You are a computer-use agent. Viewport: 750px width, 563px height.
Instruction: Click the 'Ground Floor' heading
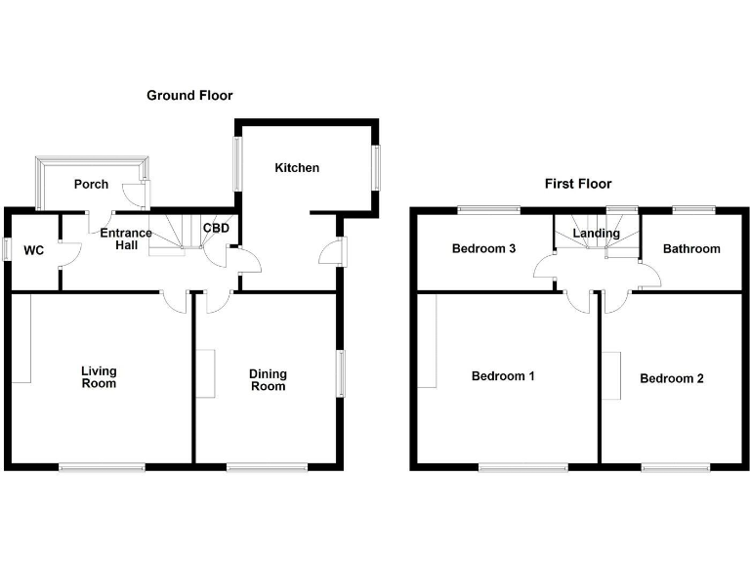tap(189, 95)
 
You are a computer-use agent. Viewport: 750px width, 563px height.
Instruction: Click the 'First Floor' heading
tap(578, 184)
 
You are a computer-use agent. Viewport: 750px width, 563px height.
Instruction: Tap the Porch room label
tap(91, 185)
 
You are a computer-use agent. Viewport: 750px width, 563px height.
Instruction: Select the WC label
tap(34, 251)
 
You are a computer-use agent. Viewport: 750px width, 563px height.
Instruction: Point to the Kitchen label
tap(296, 168)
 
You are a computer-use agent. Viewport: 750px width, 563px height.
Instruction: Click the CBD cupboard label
tap(216, 229)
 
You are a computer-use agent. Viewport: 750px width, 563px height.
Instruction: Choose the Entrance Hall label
tap(126, 239)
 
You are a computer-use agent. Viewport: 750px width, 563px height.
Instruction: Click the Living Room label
tap(99, 377)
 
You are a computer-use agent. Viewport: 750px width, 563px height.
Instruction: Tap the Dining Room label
tap(268, 379)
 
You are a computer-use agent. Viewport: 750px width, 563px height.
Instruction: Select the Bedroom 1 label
tap(503, 376)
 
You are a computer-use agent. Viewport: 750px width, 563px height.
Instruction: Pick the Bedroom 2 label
tap(672, 378)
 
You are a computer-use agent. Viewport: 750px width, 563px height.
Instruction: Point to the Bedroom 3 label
tap(483, 249)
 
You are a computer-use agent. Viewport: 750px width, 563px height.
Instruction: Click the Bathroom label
tap(691, 249)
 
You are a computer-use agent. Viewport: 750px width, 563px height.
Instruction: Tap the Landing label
tap(596, 234)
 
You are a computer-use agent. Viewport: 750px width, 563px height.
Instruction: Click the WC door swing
tap(68, 253)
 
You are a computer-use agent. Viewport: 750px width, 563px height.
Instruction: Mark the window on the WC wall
tap(6, 249)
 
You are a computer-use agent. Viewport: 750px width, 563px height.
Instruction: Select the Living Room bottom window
tap(102, 468)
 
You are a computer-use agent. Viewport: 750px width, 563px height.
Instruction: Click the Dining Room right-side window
tap(341, 373)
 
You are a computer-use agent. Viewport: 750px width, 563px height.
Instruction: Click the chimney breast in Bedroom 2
tap(610, 375)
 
